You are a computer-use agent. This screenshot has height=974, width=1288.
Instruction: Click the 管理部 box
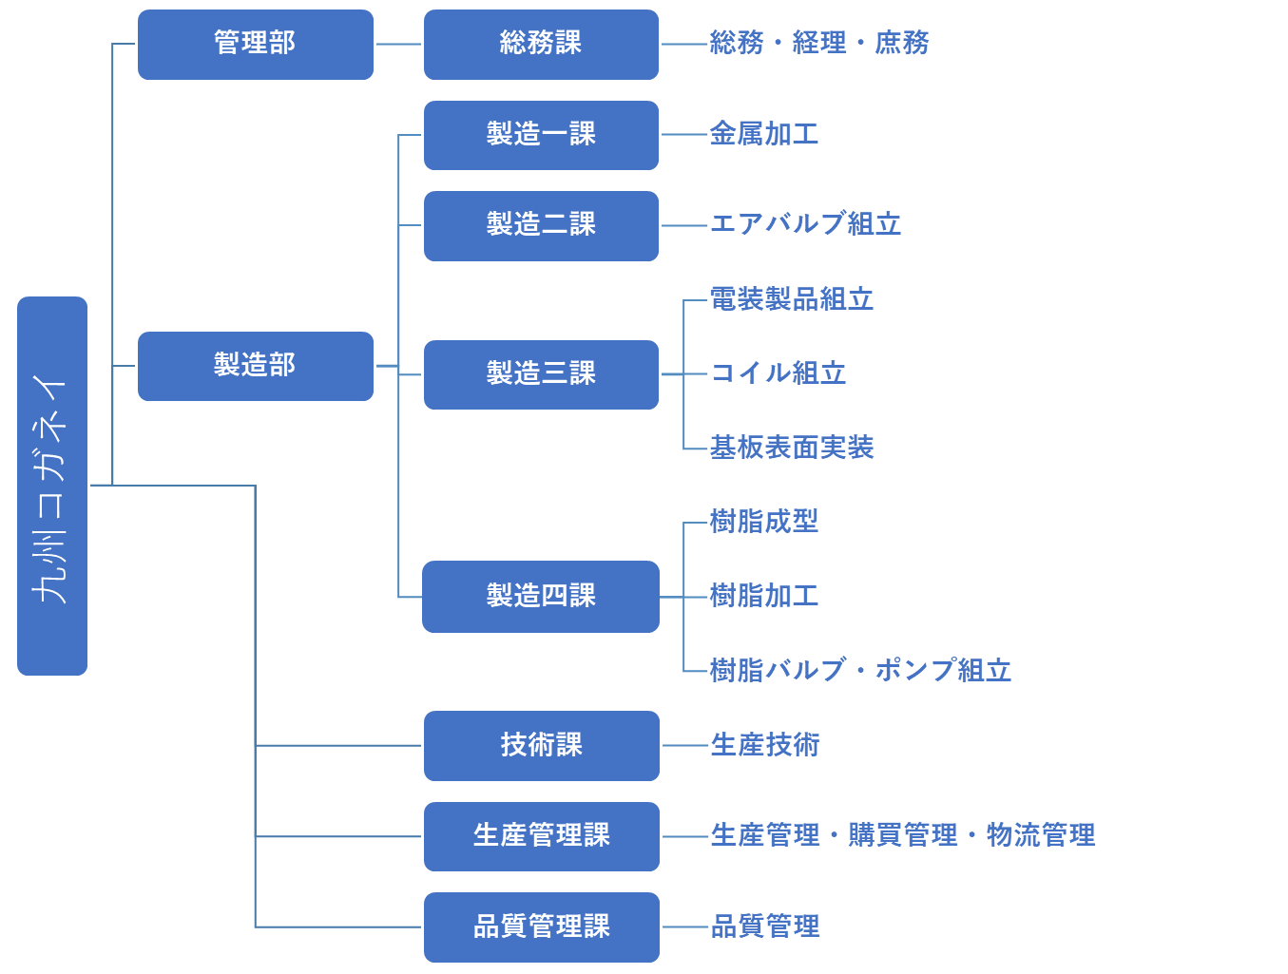point(255,45)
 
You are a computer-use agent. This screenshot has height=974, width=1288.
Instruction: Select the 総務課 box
point(541,45)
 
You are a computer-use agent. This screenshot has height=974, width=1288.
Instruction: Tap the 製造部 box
point(255,366)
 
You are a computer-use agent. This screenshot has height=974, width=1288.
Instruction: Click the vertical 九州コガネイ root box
point(52,486)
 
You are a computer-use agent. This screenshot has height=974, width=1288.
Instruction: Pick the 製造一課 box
point(541,135)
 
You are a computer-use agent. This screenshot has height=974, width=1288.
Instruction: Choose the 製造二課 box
point(541,225)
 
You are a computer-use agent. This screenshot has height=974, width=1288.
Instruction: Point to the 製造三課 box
point(541,374)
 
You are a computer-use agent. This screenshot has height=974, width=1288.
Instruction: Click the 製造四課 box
point(541,597)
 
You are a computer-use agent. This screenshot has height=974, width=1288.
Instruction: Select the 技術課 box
point(541,746)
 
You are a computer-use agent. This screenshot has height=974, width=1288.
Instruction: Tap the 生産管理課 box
point(541,836)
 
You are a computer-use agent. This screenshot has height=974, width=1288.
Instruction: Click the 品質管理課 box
point(541,926)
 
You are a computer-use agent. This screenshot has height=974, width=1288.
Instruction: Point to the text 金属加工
point(763,135)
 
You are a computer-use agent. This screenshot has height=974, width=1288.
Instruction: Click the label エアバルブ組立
point(805,225)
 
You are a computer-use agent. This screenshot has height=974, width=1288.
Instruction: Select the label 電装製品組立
point(791,300)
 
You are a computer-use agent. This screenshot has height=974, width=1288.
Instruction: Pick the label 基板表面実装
point(791,449)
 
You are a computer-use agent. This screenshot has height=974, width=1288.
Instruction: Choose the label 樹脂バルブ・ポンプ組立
point(860,671)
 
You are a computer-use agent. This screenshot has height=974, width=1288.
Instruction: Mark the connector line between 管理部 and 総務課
point(398,45)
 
